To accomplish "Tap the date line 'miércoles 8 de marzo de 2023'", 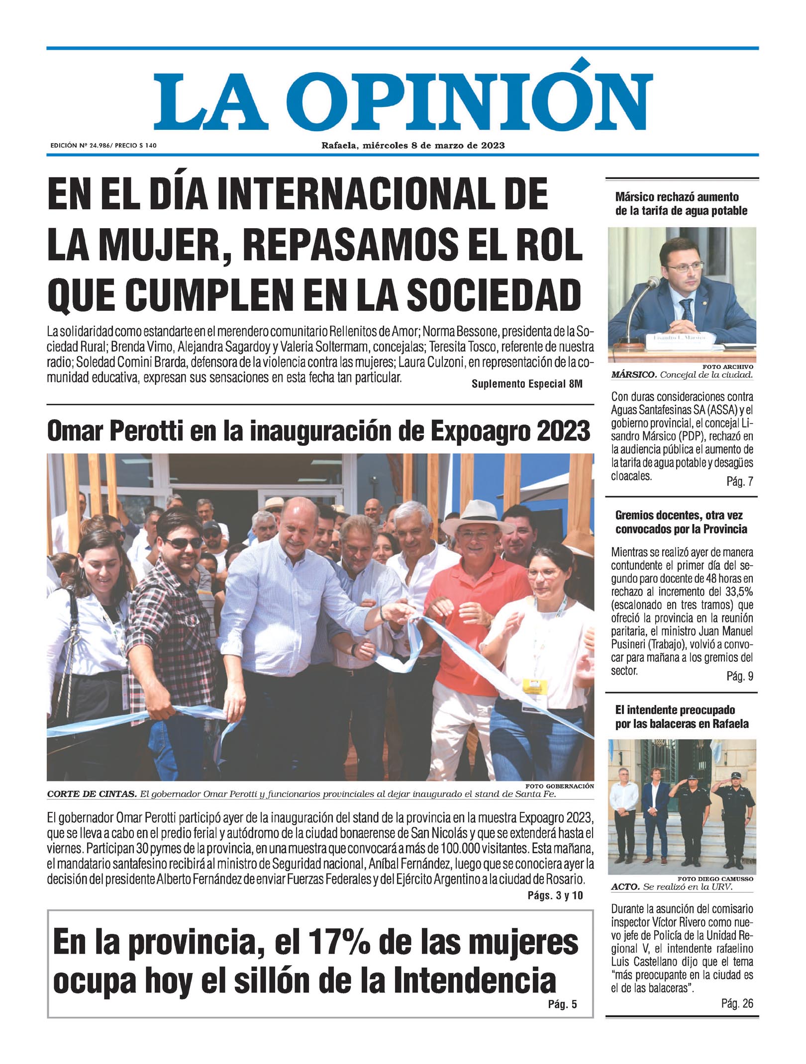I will click(433, 146).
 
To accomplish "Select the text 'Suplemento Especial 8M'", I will click(526, 384).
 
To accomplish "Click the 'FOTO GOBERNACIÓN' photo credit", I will click(559, 786).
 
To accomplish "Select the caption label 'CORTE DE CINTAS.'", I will click(92, 794).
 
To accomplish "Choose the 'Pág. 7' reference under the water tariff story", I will click(739, 481).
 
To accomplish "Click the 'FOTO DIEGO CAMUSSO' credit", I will click(715, 879).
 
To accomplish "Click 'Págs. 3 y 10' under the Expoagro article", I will click(555, 895).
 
